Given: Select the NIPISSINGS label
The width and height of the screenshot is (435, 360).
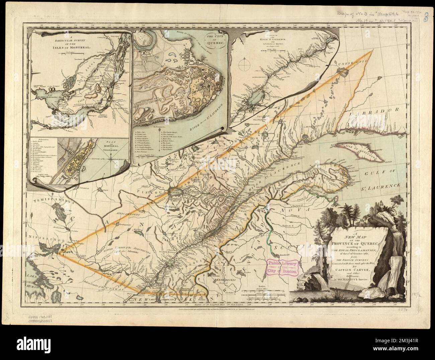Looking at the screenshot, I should pyautogui.click(x=45, y=240).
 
